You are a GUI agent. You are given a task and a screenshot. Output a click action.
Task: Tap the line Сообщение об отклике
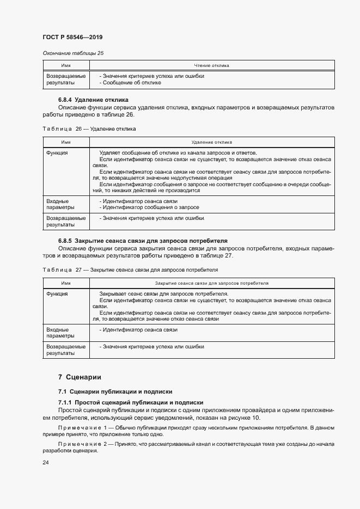[130, 83]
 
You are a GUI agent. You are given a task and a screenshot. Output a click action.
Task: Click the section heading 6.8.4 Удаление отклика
[93, 100]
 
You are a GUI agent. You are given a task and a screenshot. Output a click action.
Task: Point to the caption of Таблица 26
[89, 129]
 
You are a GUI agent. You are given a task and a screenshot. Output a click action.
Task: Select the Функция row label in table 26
[57, 153]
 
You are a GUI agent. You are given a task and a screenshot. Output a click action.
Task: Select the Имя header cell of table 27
[66, 283]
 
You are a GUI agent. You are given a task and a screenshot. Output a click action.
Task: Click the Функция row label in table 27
[57, 294]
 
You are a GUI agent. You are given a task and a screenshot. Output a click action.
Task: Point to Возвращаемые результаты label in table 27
[66, 349]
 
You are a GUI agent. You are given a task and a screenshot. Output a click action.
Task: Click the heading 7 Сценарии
[80, 377]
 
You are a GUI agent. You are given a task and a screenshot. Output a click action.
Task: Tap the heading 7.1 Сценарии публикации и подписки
[115, 391]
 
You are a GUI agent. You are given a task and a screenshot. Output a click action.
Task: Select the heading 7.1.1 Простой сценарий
[131, 402]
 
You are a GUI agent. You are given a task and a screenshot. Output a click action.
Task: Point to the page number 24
[46, 463]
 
